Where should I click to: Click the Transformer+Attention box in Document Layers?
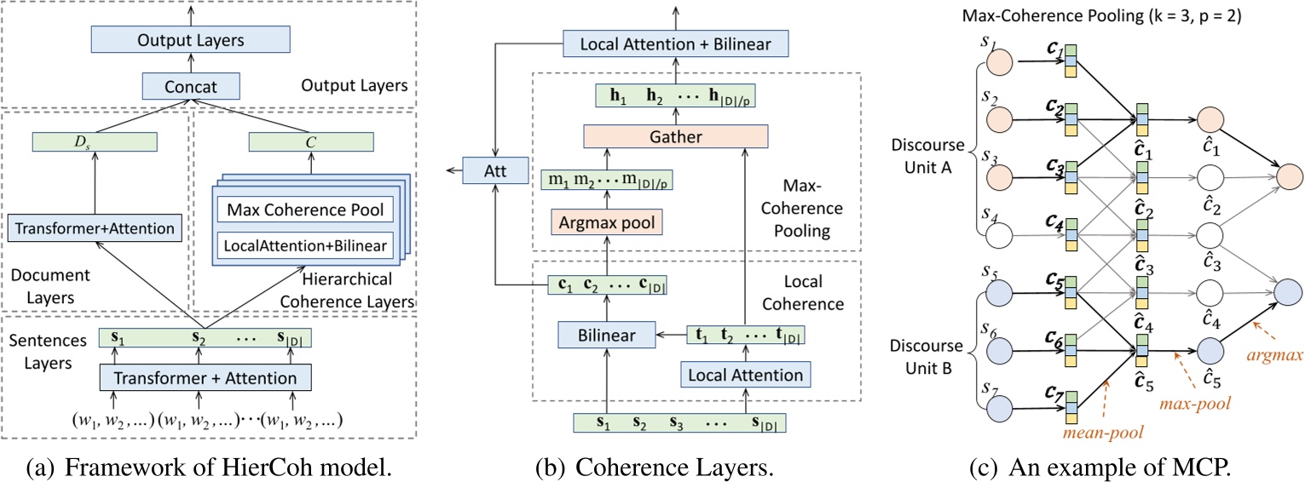(95, 228)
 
